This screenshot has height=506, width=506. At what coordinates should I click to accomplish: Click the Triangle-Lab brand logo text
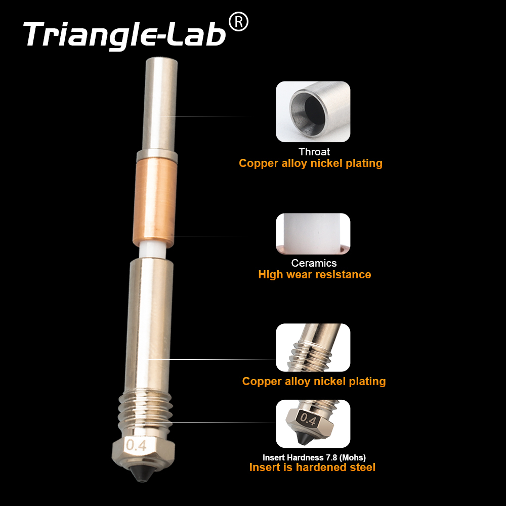click(124, 34)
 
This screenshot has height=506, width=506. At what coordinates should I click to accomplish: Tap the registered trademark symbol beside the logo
click(238, 22)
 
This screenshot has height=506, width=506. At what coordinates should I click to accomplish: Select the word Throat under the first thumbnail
click(314, 152)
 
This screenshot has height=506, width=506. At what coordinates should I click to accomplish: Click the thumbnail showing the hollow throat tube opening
click(313, 111)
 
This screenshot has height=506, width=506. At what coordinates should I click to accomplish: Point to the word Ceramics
click(314, 263)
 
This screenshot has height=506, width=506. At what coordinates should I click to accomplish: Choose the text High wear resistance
click(314, 275)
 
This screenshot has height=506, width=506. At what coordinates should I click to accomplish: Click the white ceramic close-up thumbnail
click(313, 234)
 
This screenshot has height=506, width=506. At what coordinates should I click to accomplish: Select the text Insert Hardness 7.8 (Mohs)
click(314, 457)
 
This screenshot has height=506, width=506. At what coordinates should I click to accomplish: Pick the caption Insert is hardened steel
click(312, 468)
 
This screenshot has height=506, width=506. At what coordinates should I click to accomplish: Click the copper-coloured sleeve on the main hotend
click(156, 200)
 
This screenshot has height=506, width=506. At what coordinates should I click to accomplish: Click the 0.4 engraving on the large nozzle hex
click(137, 446)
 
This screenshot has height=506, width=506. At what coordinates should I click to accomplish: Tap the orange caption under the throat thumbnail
click(311, 163)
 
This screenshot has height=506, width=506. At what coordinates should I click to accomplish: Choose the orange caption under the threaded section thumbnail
click(314, 382)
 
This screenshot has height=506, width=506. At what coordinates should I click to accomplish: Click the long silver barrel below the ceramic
click(149, 324)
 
